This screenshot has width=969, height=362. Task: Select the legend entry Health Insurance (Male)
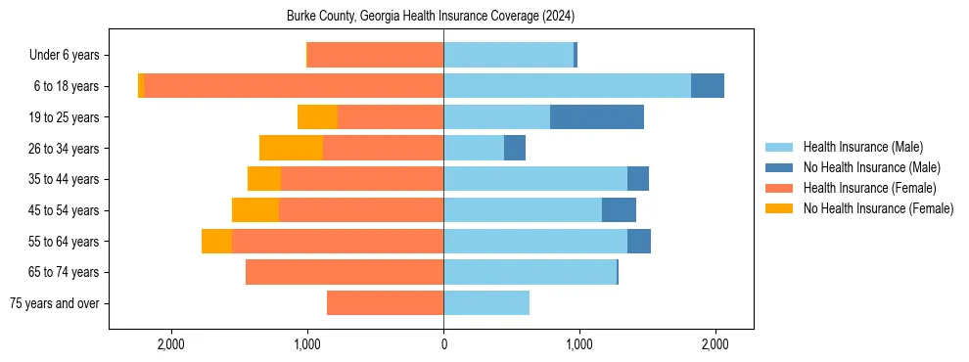(x=862, y=147)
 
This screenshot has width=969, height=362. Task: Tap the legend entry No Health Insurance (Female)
(x=878, y=208)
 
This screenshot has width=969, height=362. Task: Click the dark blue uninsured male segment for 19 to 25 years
(x=597, y=117)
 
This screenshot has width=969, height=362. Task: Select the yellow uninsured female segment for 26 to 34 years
(x=291, y=148)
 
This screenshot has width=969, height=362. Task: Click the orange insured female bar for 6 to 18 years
(x=294, y=86)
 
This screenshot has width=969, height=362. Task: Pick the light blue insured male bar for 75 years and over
(x=486, y=303)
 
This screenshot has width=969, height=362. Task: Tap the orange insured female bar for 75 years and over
(x=385, y=303)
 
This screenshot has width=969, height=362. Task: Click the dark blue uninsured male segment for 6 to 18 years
(x=708, y=86)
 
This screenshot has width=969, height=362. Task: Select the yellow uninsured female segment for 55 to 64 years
(x=216, y=242)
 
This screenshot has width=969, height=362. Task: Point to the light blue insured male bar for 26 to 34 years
(x=474, y=148)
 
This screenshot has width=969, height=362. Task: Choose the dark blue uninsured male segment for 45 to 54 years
(x=619, y=210)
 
